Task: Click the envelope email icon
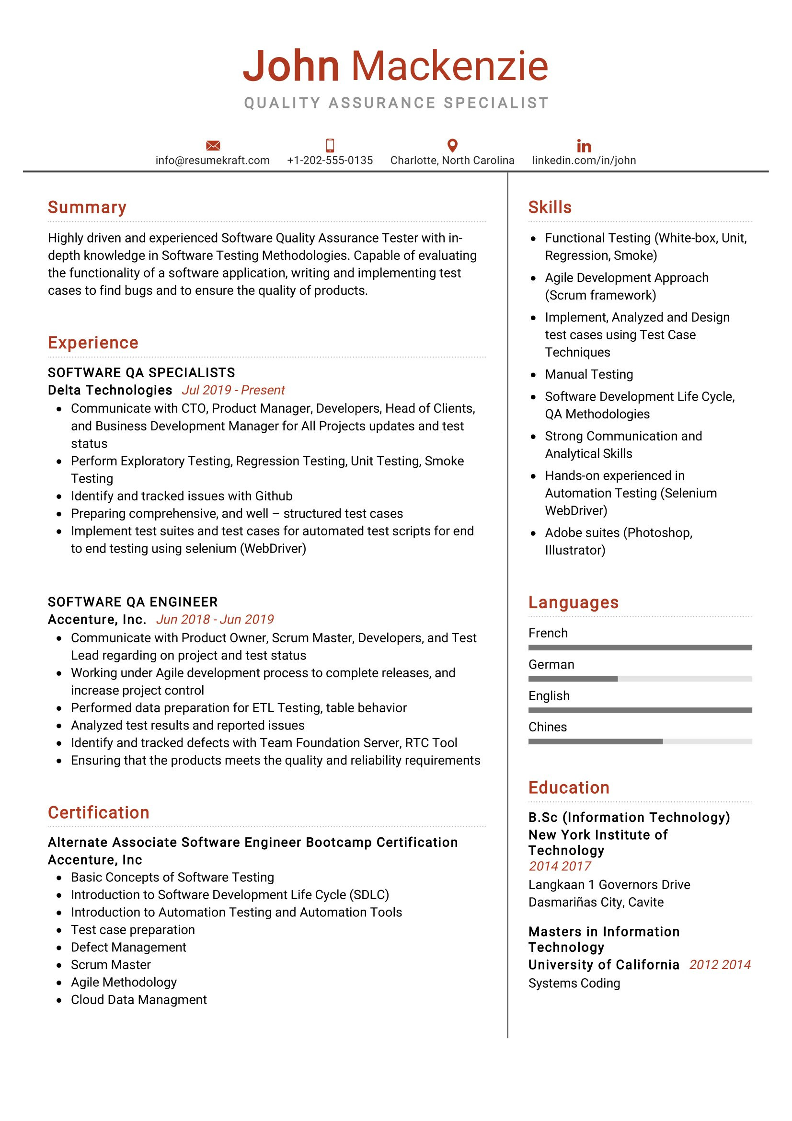(x=213, y=146)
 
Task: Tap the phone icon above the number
(x=330, y=146)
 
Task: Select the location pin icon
(x=452, y=146)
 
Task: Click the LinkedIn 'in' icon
(x=584, y=146)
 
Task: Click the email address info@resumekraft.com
(x=212, y=161)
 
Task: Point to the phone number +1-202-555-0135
(x=330, y=161)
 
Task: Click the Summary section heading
(x=87, y=207)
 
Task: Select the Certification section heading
(x=98, y=812)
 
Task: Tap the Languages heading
(x=573, y=602)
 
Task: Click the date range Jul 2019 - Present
(x=233, y=390)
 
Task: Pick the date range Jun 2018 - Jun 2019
(x=215, y=620)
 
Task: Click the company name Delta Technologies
(x=110, y=390)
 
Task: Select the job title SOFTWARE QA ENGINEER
(x=133, y=602)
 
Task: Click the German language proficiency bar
(x=639, y=679)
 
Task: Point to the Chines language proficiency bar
(x=639, y=741)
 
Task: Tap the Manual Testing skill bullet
(x=588, y=374)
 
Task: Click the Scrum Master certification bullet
(x=111, y=965)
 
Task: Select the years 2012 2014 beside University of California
(x=719, y=965)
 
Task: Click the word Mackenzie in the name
(x=449, y=66)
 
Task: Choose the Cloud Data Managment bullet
(x=138, y=1000)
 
